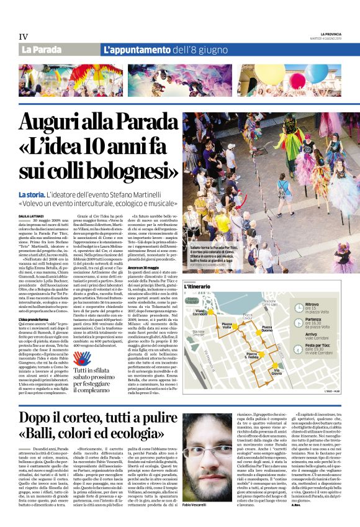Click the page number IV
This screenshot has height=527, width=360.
point(24,36)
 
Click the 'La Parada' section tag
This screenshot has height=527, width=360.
point(41,50)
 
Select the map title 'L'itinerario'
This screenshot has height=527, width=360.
point(199,286)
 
